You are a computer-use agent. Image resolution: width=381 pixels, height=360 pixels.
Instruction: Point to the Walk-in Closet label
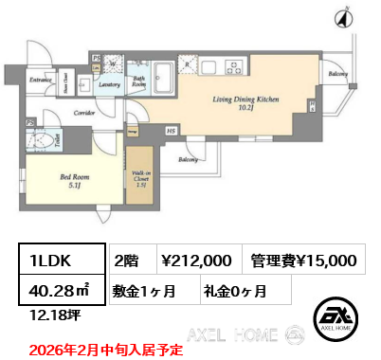[x=140, y=181]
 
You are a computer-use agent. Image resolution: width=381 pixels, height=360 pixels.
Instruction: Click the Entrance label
[x=40, y=81]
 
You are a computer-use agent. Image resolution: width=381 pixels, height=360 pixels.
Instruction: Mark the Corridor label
[x=84, y=112]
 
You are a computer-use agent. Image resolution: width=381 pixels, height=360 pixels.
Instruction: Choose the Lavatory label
[x=108, y=85]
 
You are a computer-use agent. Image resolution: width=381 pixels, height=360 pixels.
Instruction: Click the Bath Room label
[x=138, y=82]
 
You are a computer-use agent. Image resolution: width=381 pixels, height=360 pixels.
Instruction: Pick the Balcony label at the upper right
[x=336, y=72]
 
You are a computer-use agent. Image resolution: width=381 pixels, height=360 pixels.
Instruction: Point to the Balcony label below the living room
[x=188, y=159]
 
